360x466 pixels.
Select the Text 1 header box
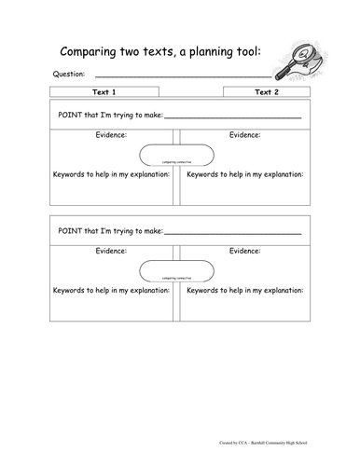105,93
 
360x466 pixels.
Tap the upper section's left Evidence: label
116,135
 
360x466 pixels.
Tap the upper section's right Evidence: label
245,135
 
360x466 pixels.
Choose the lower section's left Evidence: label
116,251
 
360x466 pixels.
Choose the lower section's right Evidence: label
245,251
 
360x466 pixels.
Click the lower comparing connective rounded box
176,271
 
